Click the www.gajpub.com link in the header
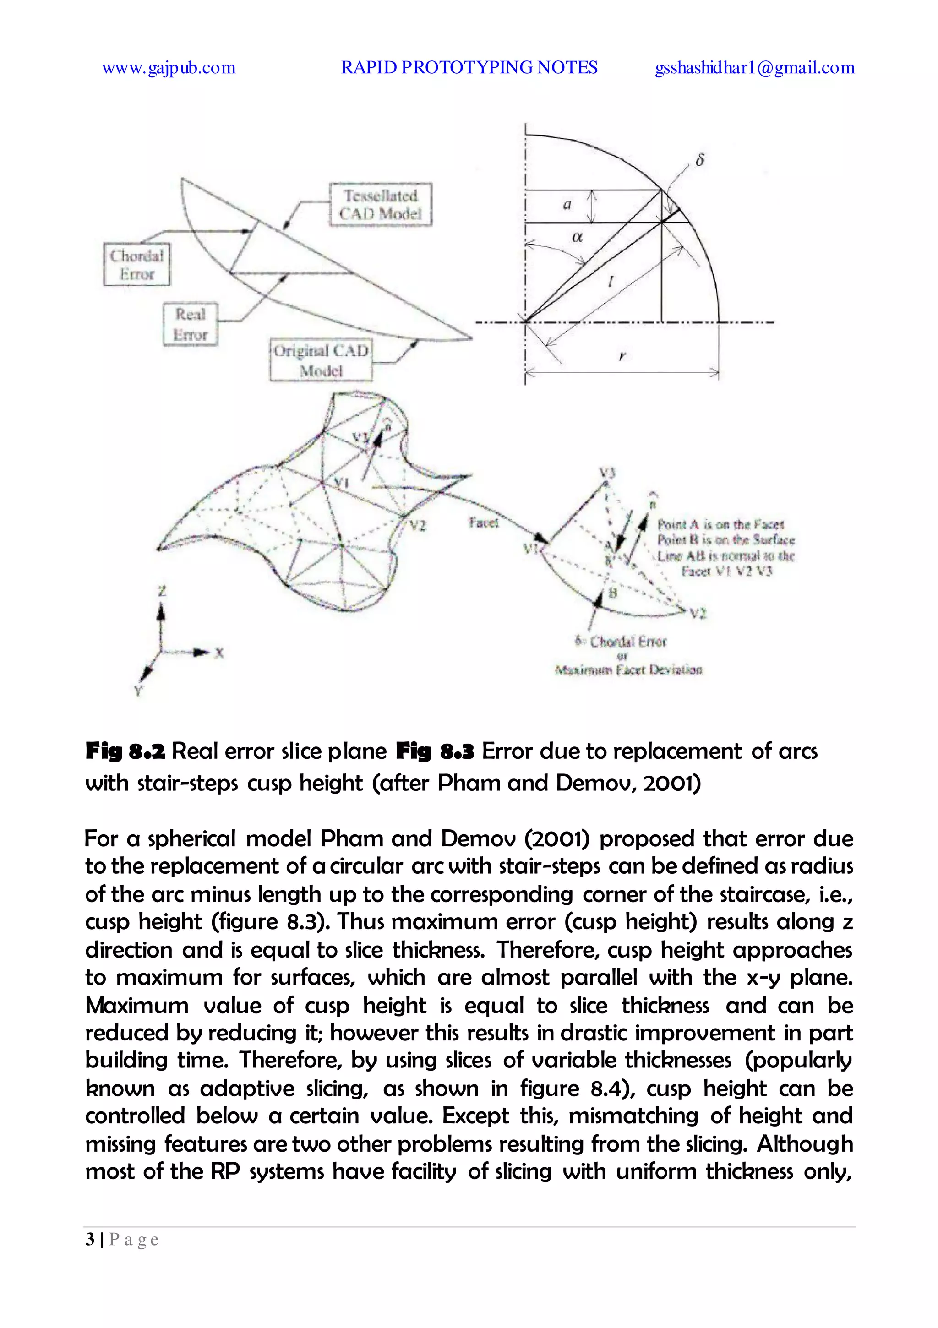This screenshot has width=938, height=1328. tap(169, 68)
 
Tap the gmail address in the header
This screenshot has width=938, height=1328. tap(754, 68)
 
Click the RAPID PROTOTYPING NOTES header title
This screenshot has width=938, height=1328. tap(469, 68)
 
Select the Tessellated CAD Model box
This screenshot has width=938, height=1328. tap(380, 205)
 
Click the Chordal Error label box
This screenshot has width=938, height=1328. tap(136, 264)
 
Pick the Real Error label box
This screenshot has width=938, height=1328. tap(191, 325)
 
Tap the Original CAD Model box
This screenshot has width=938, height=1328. tap(321, 360)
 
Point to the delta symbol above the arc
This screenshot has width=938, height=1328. tap(699, 160)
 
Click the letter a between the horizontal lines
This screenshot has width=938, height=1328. tap(567, 204)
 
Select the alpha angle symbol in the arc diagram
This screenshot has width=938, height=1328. tap(577, 237)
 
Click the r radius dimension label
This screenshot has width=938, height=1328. tap(622, 356)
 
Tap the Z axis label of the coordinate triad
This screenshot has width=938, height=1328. tap(162, 591)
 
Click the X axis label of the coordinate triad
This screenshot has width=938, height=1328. tap(219, 653)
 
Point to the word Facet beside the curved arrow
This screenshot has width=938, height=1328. tap(483, 523)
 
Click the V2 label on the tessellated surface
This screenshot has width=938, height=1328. tap(418, 526)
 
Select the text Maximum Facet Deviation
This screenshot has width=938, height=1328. tap(628, 670)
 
